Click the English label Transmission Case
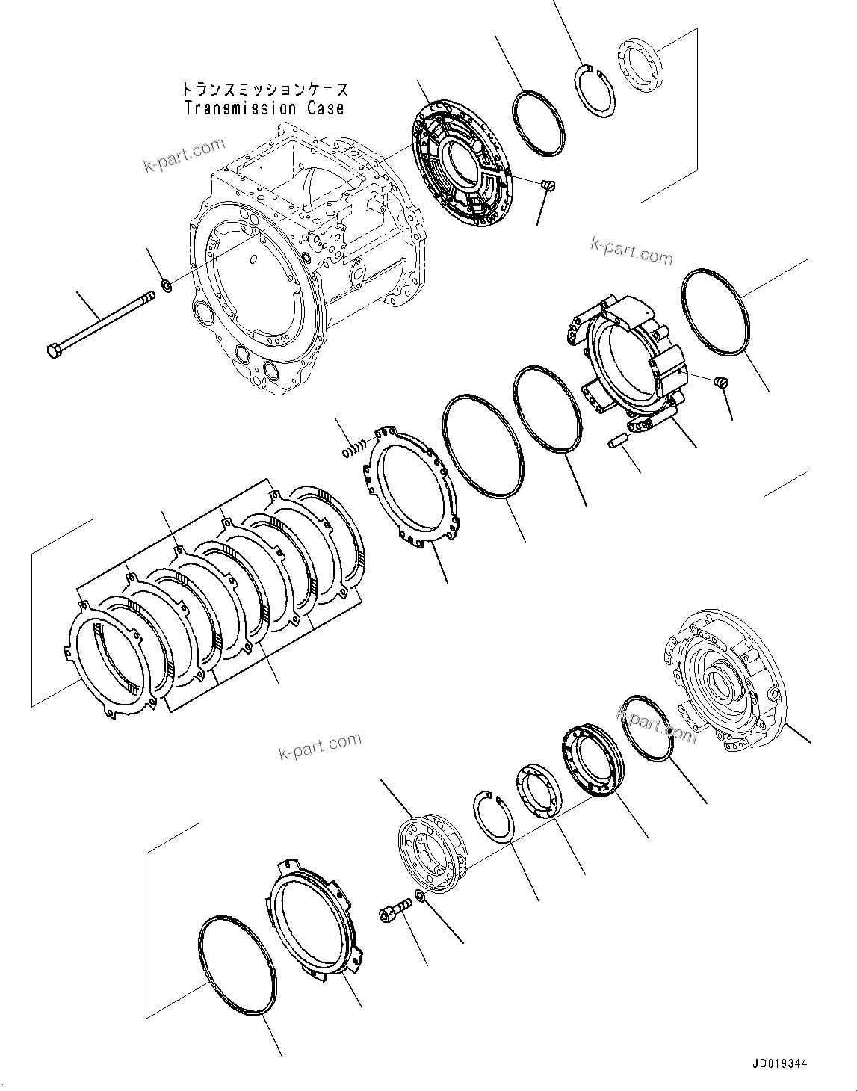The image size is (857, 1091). click(264, 108)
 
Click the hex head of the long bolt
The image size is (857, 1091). click(54, 350)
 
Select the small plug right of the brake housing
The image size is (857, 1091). click(721, 382)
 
